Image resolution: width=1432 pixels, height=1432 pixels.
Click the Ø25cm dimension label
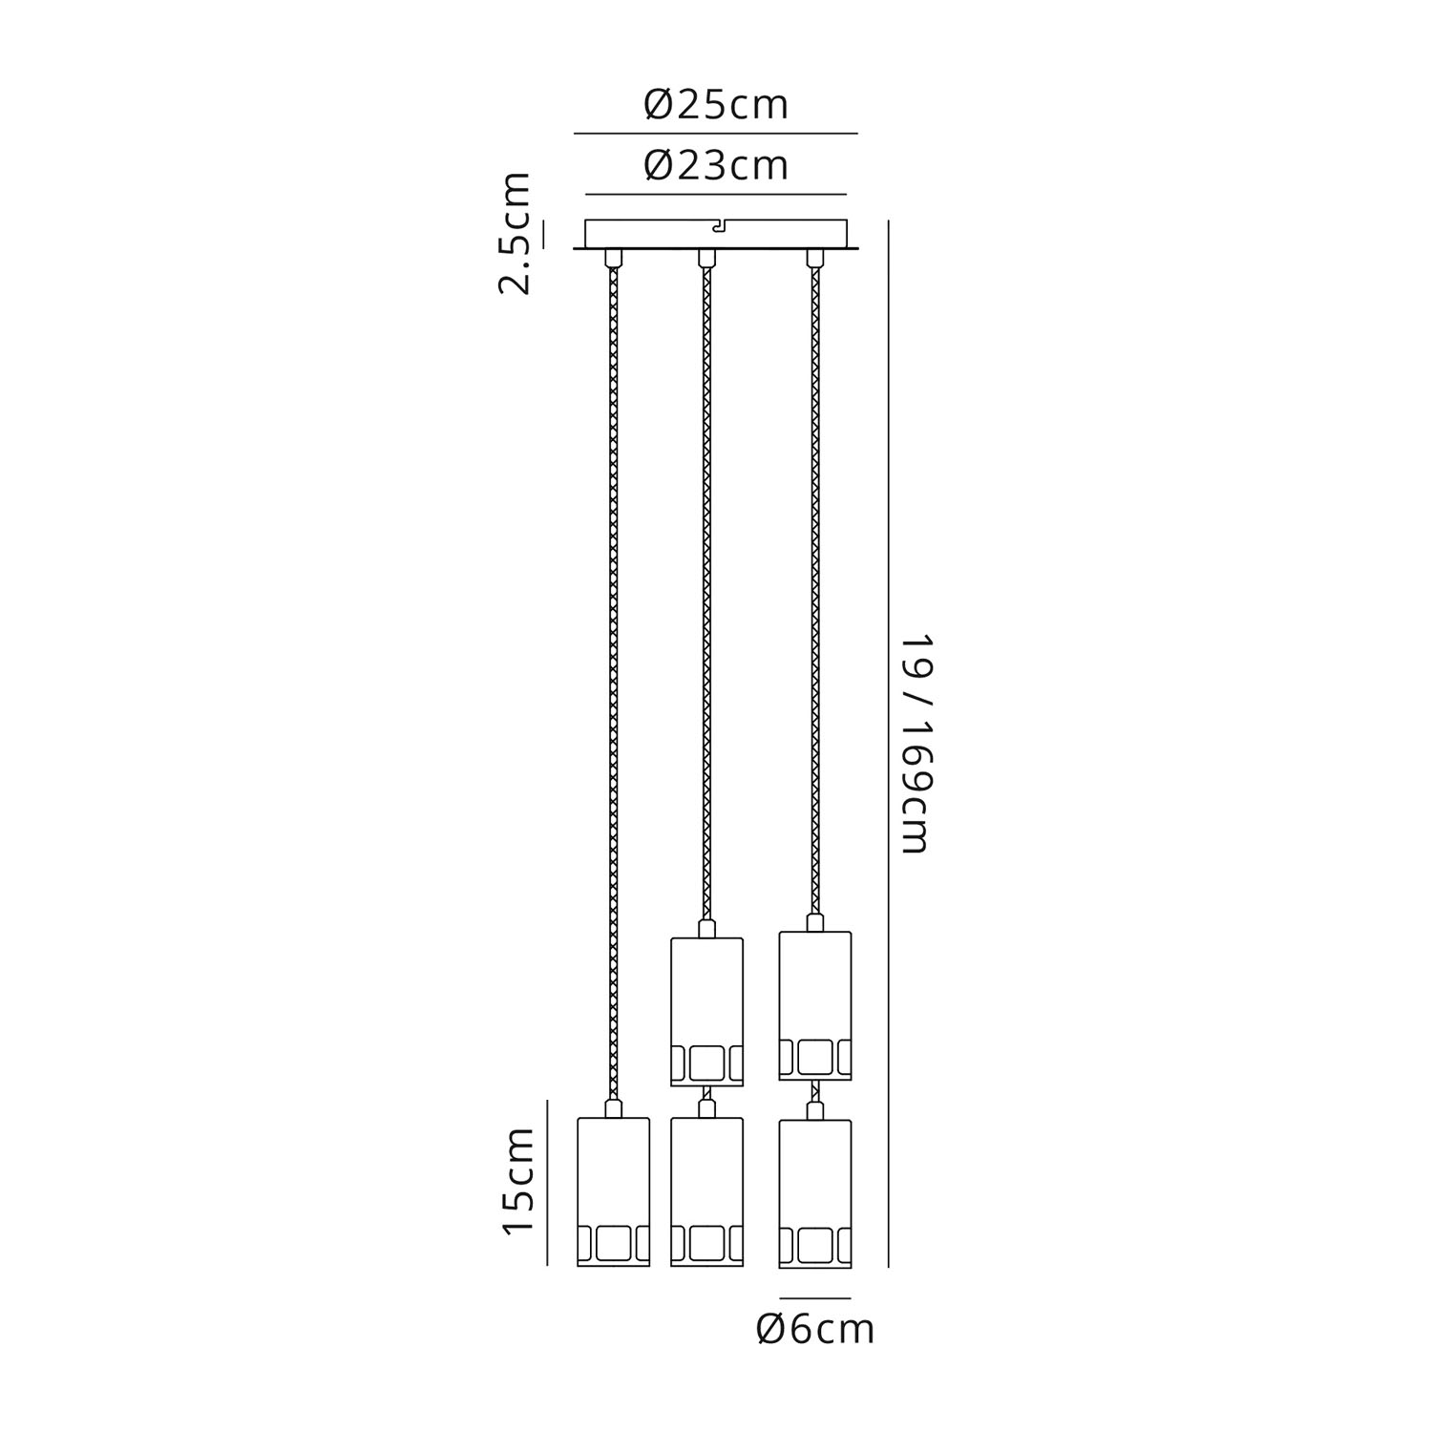pyautogui.click(x=716, y=105)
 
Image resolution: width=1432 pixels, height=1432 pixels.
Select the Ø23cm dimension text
pyautogui.click(x=716, y=165)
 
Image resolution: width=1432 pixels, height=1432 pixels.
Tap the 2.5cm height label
pyautogui.click(x=516, y=234)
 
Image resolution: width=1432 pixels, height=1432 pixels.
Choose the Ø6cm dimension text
pyautogui.click(x=815, y=1329)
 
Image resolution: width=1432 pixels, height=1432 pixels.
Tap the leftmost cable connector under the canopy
pyautogui.click(x=613, y=258)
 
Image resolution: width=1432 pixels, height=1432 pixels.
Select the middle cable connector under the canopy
pyautogui.click(x=706, y=258)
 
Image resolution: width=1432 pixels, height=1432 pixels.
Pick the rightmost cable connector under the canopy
pyautogui.click(x=814, y=258)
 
